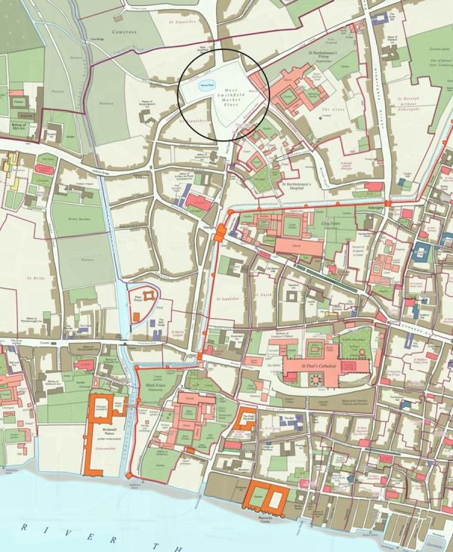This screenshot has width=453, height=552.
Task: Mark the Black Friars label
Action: point(156,385)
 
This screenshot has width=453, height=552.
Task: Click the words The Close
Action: point(327,110)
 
